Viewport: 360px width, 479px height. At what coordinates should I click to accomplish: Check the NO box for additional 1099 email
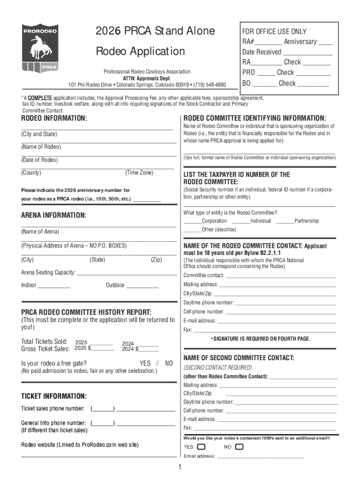pyautogui.click(x=239, y=447)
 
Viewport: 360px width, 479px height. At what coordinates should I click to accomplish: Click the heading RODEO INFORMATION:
pyautogui.click(x=54, y=118)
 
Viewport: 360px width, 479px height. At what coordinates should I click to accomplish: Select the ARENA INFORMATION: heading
pyautogui.click(x=53, y=215)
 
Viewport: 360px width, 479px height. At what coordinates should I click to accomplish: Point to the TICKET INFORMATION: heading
pyautogui.click(x=54, y=396)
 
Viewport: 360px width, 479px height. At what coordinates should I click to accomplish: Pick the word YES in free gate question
pyautogui.click(x=145, y=363)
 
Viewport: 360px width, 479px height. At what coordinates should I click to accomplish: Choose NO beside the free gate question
pyautogui.click(x=169, y=363)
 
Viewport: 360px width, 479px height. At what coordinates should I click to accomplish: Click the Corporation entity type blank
pyautogui.click(x=192, y=222)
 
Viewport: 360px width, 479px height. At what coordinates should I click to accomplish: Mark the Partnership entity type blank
pyautogui.click(x=285, y=222)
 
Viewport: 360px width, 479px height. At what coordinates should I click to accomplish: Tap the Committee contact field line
pyautogui.click(x=281, y=276)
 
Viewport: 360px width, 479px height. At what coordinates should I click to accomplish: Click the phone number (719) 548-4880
pyautogui.click(x=209, y=85)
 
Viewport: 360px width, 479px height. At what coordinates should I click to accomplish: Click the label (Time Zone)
pyautogui.click(x=139, y=173)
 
